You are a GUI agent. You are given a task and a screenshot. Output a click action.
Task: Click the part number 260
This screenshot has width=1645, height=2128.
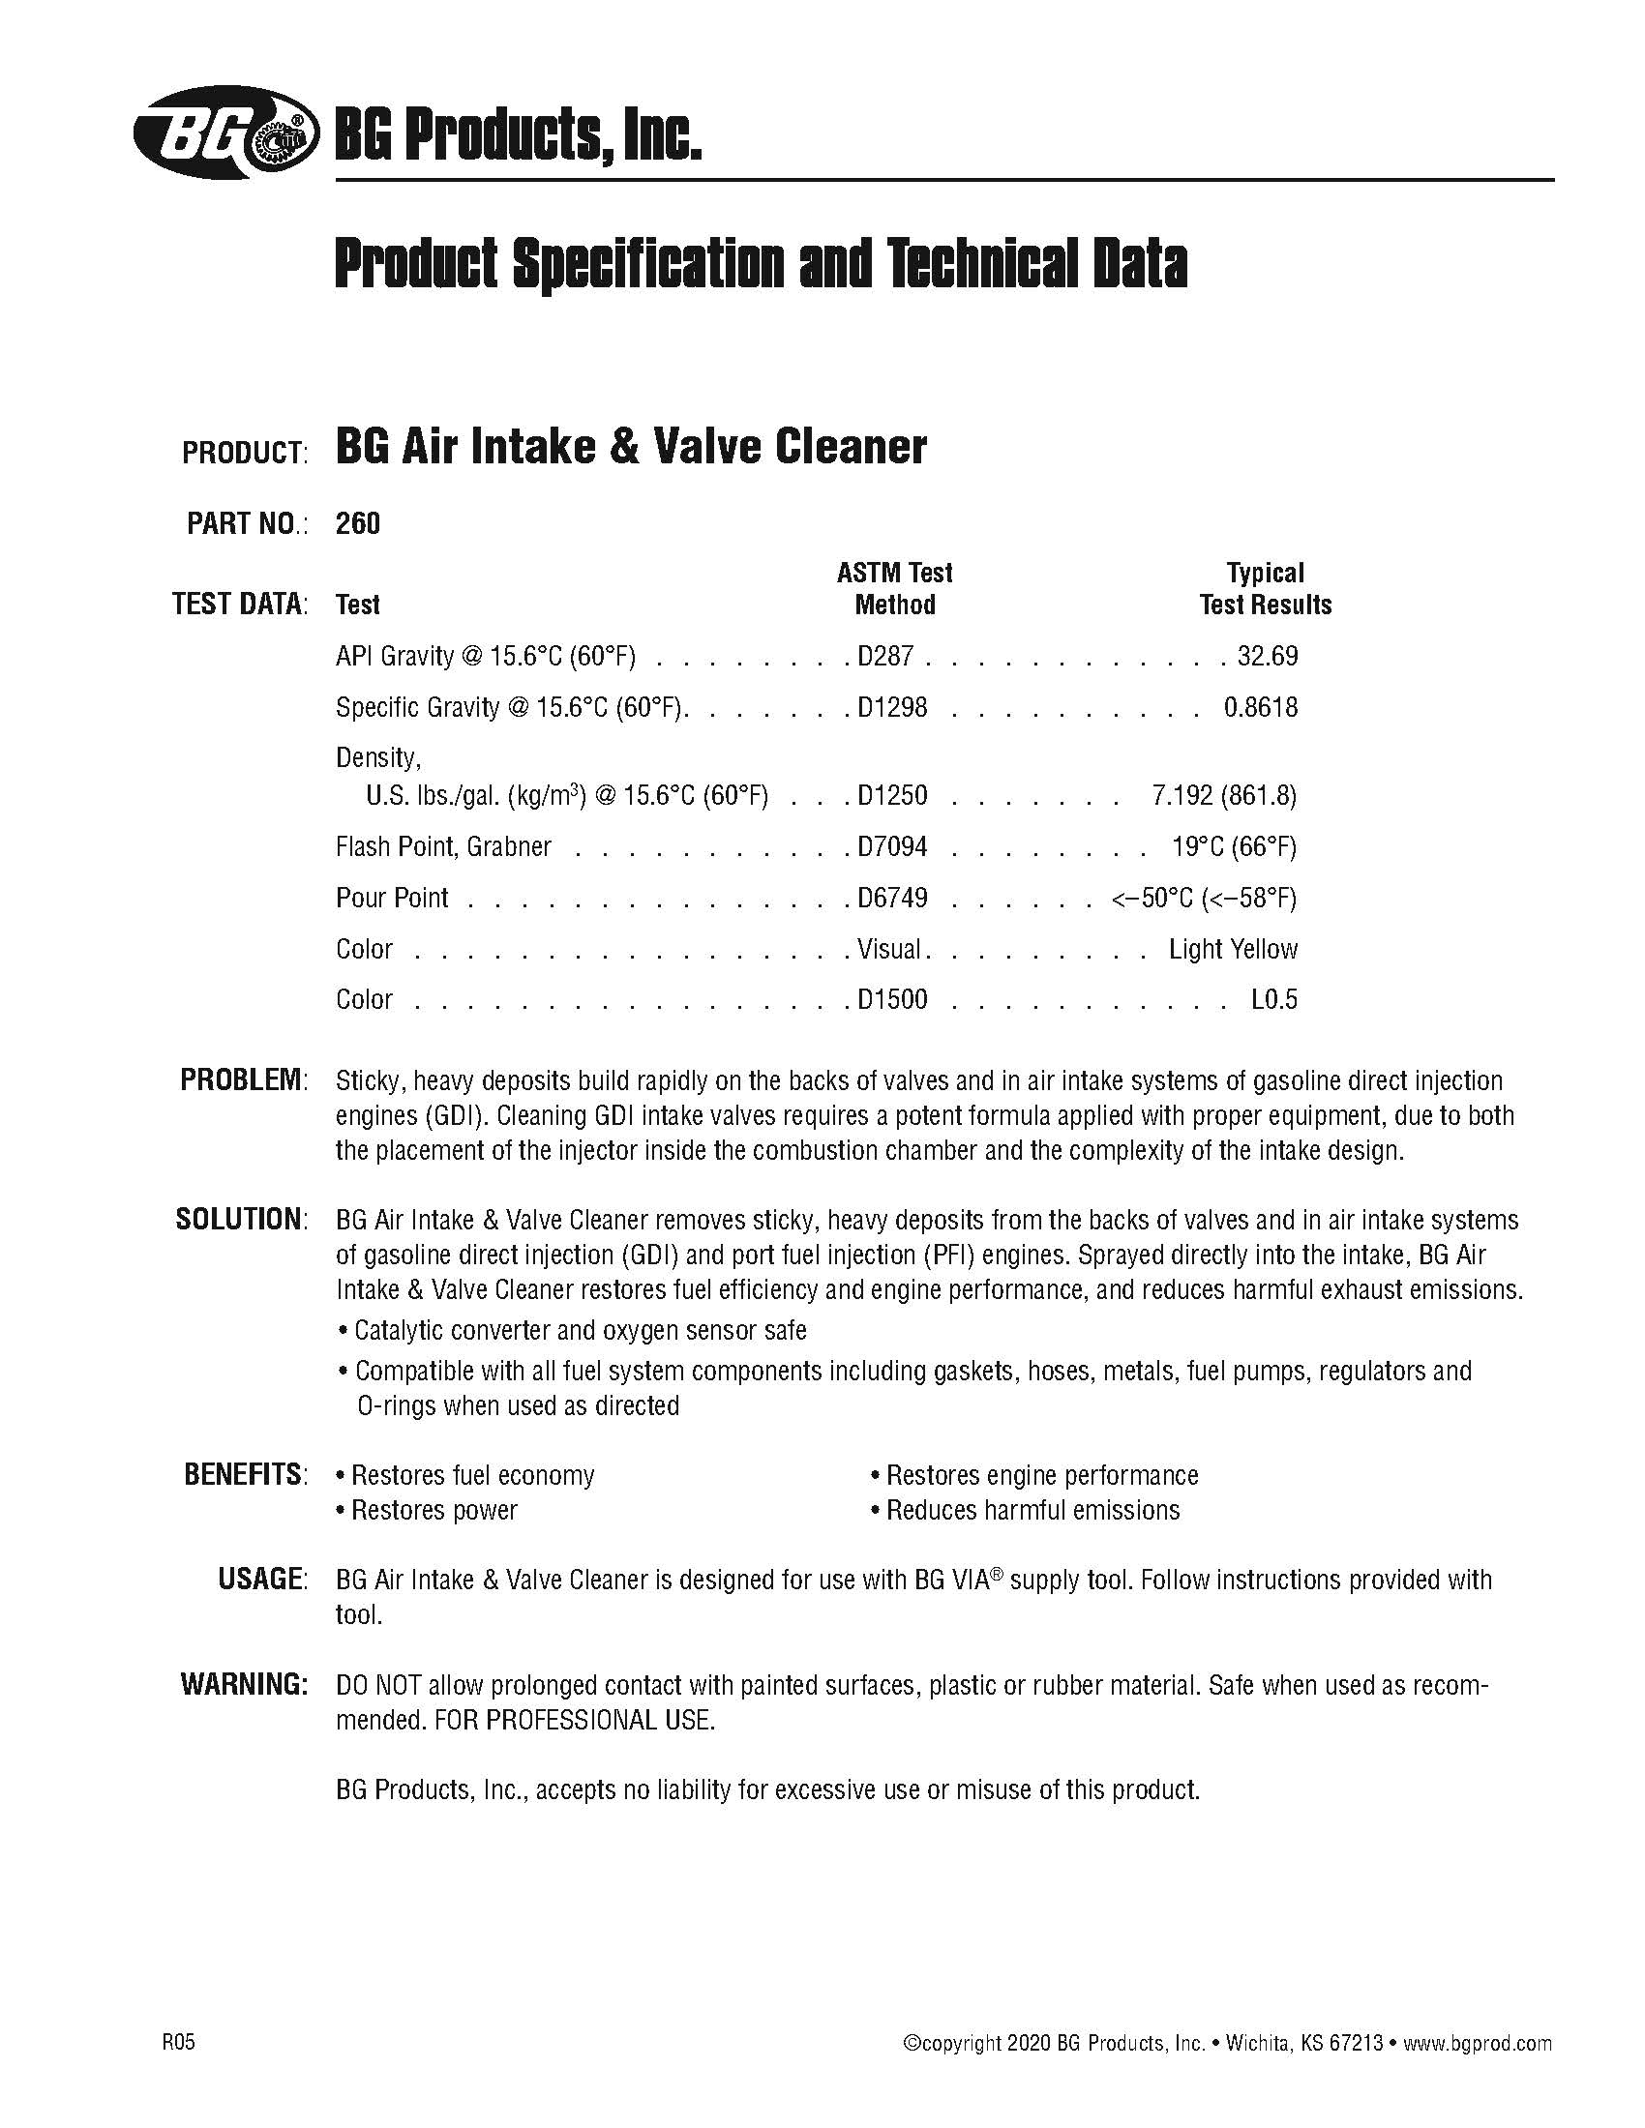point(358,524)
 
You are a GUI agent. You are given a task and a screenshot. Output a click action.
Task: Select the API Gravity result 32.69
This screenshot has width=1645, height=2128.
point(1267,656)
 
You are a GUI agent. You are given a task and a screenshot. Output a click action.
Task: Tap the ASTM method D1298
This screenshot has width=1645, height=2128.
point(892,707)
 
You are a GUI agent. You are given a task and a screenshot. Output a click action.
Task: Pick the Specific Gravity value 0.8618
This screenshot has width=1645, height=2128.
point(1260,707)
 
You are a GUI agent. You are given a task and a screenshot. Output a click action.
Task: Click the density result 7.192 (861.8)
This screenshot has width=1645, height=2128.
point(1223,796)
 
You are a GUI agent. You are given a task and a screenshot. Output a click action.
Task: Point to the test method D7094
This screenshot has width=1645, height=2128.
point(892,846)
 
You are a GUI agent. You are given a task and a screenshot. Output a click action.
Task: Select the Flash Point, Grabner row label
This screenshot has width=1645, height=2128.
point(443,846)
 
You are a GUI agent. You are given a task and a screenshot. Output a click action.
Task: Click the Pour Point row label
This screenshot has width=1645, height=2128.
point(392,898)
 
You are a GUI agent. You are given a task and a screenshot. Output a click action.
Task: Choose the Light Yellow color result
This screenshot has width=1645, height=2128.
point(1233,949)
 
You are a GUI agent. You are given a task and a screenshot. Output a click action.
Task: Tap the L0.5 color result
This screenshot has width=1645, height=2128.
point(1273,1000)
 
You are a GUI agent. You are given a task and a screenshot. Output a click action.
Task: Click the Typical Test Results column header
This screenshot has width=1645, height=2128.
point(1265,588)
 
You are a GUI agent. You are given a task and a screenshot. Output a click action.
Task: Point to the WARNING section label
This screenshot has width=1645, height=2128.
point(244,1685)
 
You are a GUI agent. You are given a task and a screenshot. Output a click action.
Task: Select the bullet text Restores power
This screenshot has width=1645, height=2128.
point(434,1510)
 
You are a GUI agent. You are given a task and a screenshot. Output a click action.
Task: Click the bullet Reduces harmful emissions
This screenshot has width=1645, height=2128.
point(1032,1510)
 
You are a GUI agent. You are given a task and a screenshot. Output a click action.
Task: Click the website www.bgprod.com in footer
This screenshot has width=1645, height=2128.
point(1478,2017)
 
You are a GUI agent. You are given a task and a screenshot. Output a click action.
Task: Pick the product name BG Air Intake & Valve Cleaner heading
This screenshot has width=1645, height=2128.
point(631,447)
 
